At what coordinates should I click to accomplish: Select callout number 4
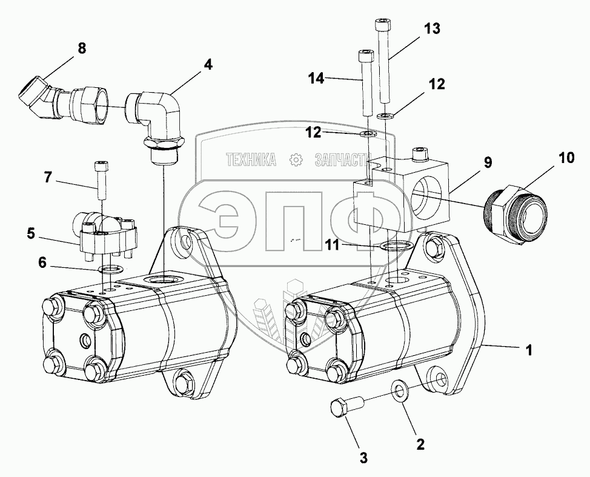208,64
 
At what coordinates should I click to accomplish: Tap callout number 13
431,29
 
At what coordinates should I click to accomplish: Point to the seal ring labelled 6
110,269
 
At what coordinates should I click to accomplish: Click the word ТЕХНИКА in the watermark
251,160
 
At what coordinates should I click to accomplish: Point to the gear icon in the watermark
296,160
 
